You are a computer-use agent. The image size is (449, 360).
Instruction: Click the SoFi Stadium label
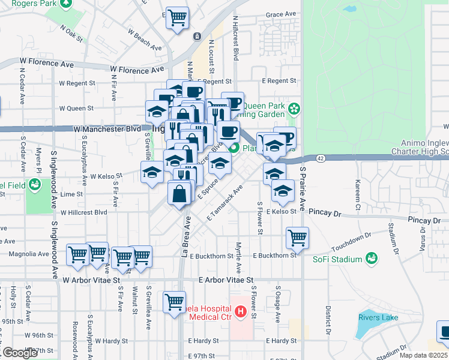[x=337, y=259]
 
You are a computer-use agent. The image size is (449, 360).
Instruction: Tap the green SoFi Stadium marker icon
[x=372, y=259]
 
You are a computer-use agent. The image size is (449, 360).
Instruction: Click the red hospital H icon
[x=240, y=311]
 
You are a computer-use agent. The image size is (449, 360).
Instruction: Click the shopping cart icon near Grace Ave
[x=177, y=18]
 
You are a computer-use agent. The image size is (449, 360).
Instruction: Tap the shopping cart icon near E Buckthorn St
[x=297, y=238]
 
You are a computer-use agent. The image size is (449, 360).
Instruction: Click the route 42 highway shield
[x=321, y=158]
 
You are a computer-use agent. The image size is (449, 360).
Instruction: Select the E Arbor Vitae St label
[x=226, y=280]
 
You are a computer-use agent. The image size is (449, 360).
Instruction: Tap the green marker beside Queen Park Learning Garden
[x=294, y=109]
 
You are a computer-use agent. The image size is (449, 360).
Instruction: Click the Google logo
[x=20, y=353]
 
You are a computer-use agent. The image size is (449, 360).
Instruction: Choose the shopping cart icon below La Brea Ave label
[x=175, y=302]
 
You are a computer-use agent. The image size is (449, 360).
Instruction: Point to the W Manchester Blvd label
[x=110, y=129]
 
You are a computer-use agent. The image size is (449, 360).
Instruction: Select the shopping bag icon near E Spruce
[x=180, y=194]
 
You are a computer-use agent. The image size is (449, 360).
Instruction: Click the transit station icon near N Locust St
[x=197, y=37]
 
